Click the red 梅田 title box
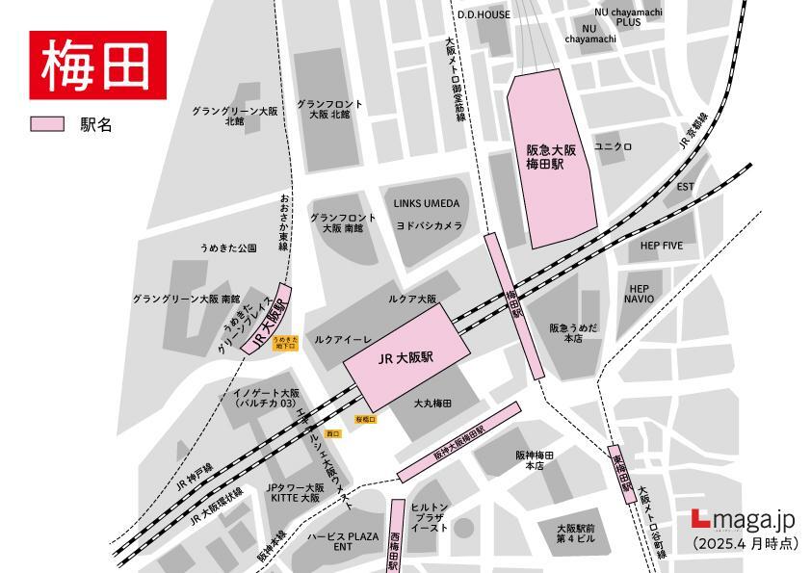click(x=97, y=65)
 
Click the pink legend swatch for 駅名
click(x=47, y=124)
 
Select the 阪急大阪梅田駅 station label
click(x=550, y=157)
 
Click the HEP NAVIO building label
click(x=639, y=294)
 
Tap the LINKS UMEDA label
click(x=427, y=203)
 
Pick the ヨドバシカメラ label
click(x=429, y=224)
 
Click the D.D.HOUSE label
click(x=484, y=14)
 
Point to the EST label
click(x=685, y=186)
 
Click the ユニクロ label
click(x=613, y=146)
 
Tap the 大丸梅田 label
click(x=432, y=403)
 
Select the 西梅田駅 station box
click(x=396, y=535)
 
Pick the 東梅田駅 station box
click(x=618, y=474)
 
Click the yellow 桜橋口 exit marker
click(x=364, y=420)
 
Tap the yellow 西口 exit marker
click(x=333, y=434)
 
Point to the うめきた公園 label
click(x=228, y=248)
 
